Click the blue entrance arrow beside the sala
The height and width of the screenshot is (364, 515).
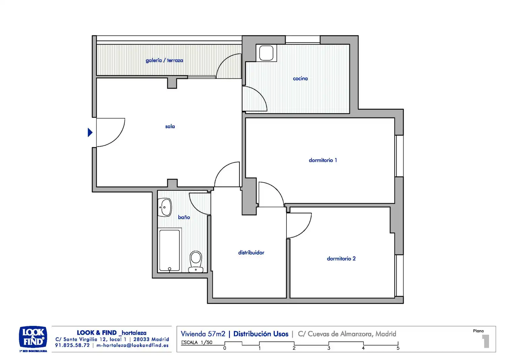point(90,132)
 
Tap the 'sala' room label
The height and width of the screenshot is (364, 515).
point(170,126)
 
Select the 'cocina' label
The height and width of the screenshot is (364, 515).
point(300,79)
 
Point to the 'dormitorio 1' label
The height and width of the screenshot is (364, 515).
point(323,160)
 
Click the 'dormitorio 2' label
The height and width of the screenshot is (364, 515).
point(341,259)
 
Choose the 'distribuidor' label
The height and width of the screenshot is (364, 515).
point(251,252)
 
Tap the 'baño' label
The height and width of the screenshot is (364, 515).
point(184,217)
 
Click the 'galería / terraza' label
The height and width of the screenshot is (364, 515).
point(164,60)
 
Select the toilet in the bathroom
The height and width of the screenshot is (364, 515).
point(196,262)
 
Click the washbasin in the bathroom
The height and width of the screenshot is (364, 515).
point(165,207)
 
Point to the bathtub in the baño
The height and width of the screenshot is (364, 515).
point(170,250)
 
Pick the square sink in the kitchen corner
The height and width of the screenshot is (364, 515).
point(266,53)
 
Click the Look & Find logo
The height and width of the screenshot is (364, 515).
point(33,338)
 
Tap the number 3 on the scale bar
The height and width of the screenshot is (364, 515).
point(329,348)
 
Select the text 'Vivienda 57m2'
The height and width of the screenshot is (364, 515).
point(203,334)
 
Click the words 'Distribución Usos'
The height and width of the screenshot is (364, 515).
point(261,334)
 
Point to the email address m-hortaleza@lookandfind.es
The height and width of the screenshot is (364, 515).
point(132,345)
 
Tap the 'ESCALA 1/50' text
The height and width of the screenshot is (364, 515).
point(196,342)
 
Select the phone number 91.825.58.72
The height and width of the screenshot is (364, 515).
point(72,345)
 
